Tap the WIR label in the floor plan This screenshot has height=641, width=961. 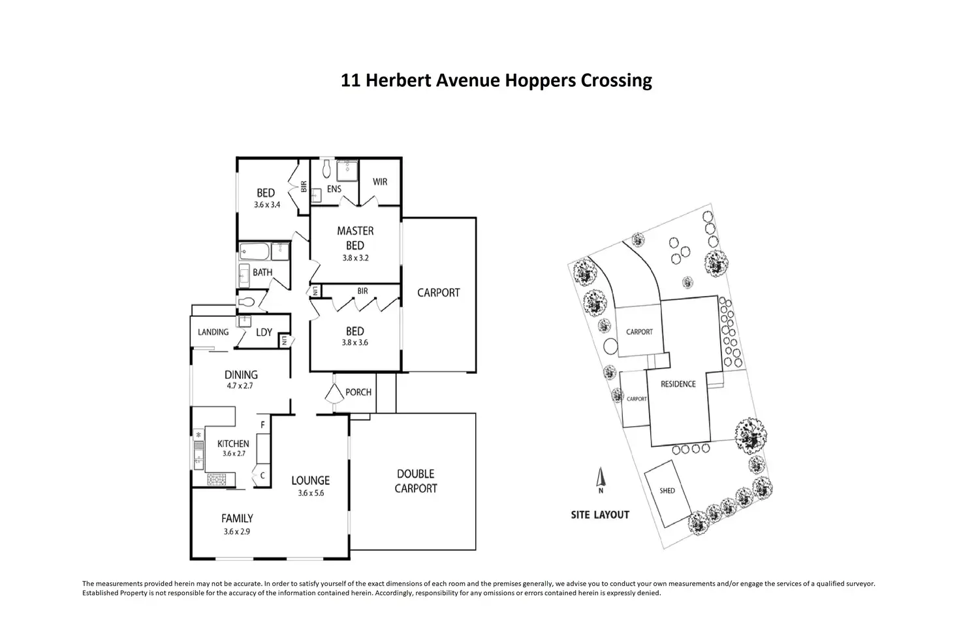click(380, 182)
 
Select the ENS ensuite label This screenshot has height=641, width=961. click(334, 189)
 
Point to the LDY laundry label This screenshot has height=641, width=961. click(264, 333)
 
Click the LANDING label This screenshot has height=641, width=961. click(213, 332)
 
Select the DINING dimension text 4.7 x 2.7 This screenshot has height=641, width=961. click(240, 386)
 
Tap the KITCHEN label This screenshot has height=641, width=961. click(233, 444)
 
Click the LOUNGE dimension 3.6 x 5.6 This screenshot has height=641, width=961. click(311, 493)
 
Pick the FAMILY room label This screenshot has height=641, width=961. click(237, 519)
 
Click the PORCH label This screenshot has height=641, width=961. click(358, 392)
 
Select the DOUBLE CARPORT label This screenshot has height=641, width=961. click(416, 481)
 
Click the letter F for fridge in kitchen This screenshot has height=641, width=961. click(262, 425)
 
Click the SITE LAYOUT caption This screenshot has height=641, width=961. click(600, 515)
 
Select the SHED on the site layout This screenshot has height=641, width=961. click(667, 491)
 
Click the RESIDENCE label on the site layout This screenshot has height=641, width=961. click(678, 384)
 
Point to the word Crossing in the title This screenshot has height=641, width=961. click(616, 80)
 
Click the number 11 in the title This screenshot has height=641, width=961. click(350, 80)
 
